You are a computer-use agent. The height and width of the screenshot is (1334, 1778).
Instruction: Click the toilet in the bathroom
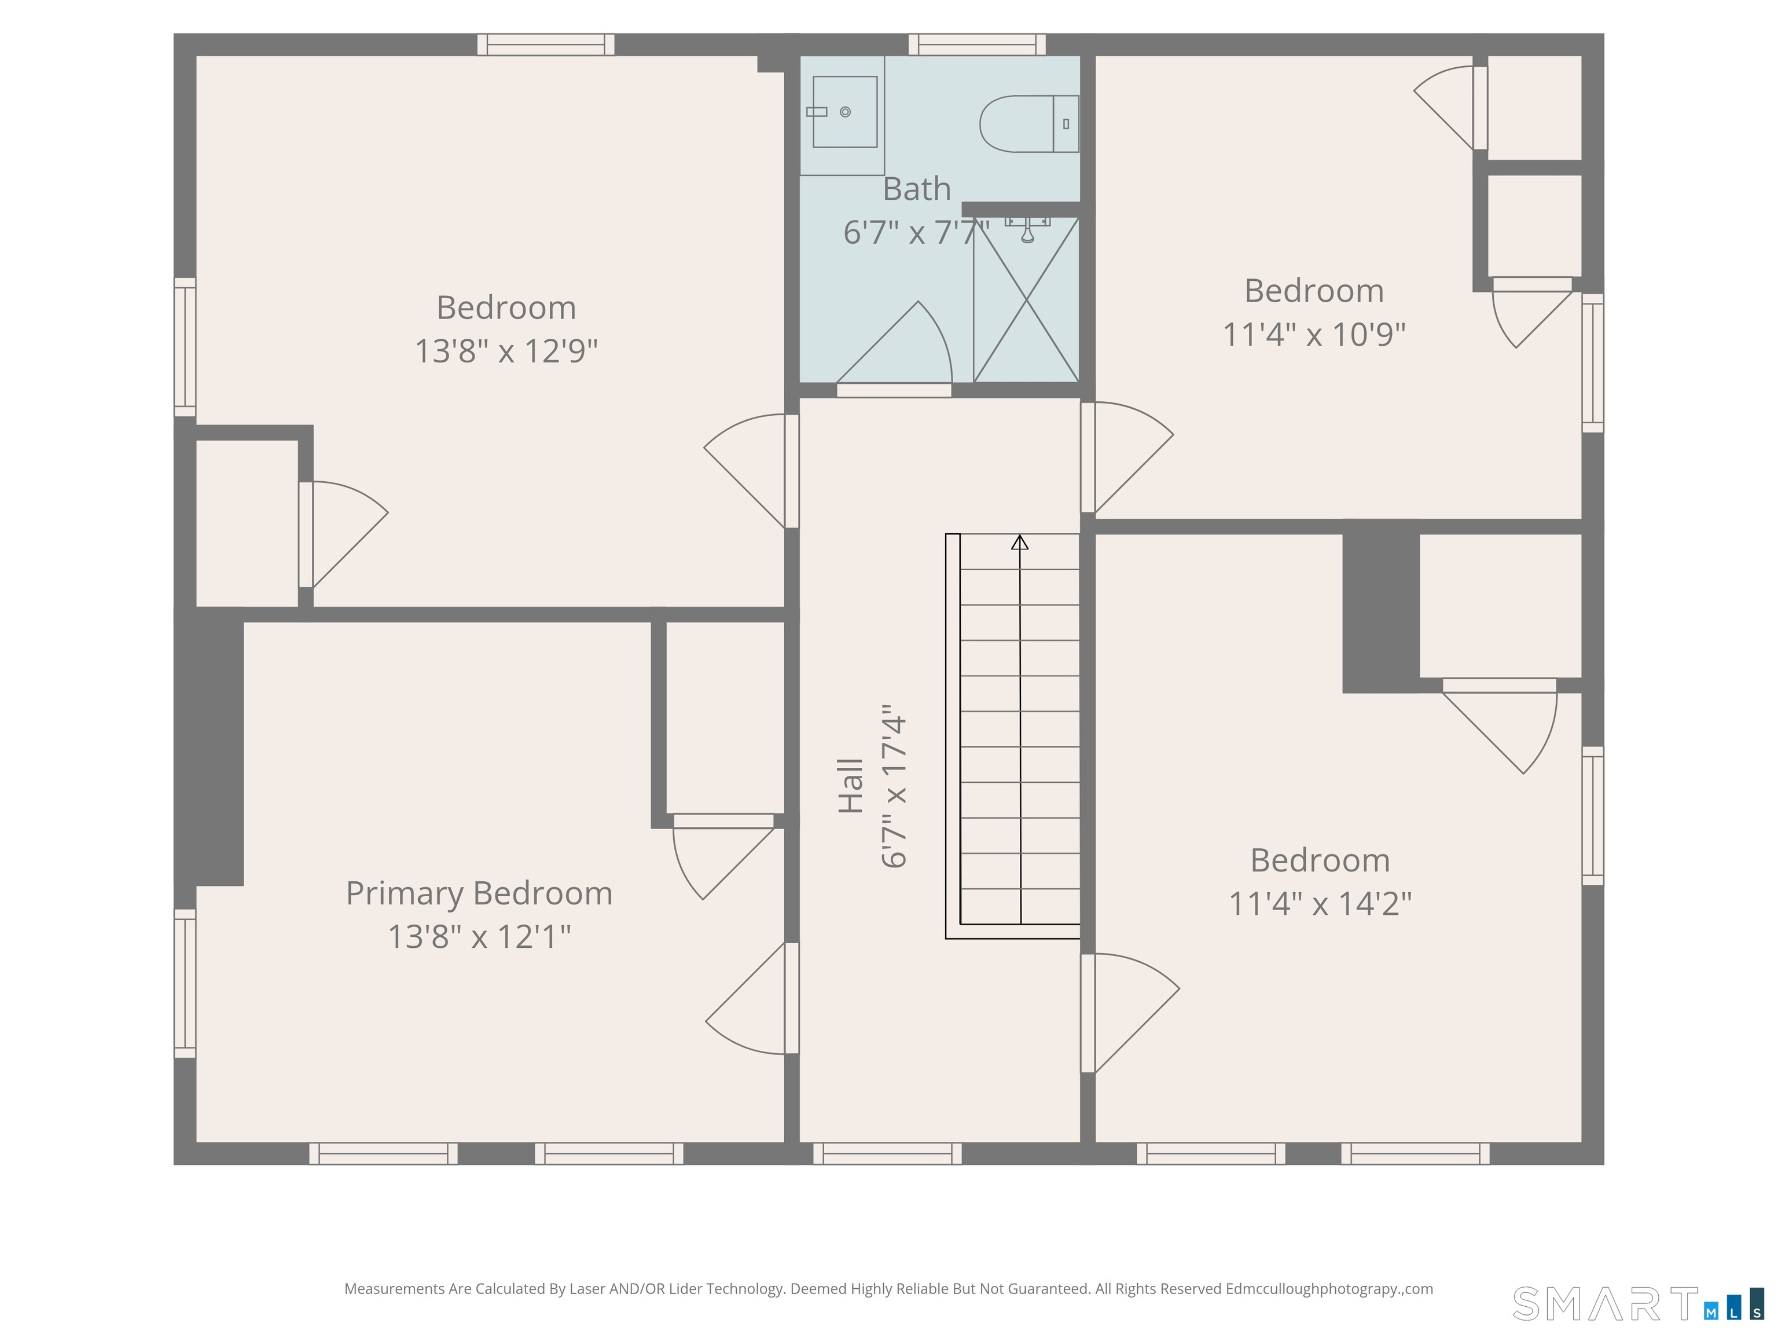pos(1029,124)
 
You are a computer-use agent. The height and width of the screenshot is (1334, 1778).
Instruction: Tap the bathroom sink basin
pos(845,112)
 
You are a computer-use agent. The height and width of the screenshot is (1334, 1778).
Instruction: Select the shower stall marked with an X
pos(1026,300)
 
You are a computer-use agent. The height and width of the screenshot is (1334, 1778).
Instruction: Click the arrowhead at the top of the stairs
pos(1020,542)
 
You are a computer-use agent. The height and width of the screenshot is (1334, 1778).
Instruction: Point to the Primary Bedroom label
pos(479,893)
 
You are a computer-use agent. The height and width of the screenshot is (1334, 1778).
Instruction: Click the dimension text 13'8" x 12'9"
pos(506,351)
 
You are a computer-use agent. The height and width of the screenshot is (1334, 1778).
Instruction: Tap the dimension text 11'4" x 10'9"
pos(1314,333)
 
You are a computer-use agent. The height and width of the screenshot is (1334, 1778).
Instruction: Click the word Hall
pos(850,786)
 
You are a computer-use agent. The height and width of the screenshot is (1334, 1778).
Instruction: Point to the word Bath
pos(916,189)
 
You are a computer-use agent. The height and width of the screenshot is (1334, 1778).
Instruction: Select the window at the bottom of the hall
pos(887,1154)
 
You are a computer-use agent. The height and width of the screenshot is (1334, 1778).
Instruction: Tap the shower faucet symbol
pos(1027,228)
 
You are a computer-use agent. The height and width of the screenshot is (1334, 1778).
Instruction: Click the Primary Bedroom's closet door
pos(723,856)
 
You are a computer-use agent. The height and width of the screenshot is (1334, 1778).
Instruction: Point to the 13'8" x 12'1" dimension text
pos(479,937)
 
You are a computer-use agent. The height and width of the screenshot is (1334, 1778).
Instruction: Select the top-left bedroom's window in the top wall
pos(546,44)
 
